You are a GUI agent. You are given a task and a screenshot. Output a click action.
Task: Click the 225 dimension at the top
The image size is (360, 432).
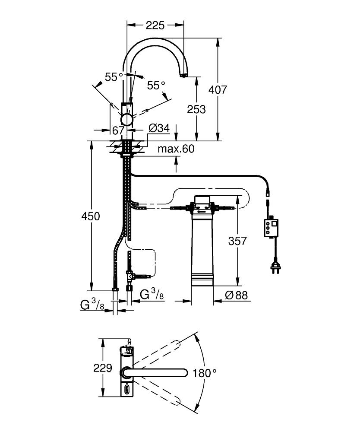pyautogui.click(x=155, y=25)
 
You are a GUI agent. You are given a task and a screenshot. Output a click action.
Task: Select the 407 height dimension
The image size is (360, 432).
pyautogui.click(x=218, y=90)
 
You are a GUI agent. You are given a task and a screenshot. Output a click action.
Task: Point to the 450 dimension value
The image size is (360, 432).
pyautogui.click(x=91, y=216)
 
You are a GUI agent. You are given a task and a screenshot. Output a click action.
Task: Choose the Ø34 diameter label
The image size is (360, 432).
pyautogui.click(x=158, y=128)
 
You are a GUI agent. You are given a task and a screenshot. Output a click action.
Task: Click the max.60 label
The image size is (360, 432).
pyautogui.click(x=176, y=149)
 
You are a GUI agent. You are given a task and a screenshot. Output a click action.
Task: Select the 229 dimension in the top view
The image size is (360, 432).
pyautogui.click(x=103, y=368)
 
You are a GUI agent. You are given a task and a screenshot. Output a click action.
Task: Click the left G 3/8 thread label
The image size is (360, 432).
pyautogui.click(x=92, y=305)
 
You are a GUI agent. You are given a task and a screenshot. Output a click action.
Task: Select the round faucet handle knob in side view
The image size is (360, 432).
pyautogui.click(x=128, y=119)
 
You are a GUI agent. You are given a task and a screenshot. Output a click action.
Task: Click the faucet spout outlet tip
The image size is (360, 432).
pyautogui.click(x=183, y=76)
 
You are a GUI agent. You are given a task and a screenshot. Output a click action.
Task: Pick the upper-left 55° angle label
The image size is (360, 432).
pyautogui.click(x=114, y=77)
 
